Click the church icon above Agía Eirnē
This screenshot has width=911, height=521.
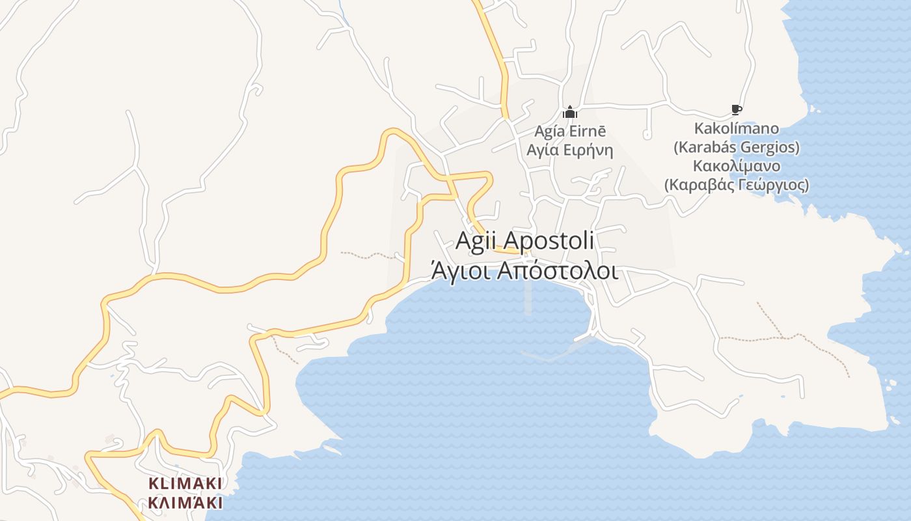point(570,112)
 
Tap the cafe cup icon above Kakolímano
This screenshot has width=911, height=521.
point(736,109)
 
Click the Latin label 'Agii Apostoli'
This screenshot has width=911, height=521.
point(524,240)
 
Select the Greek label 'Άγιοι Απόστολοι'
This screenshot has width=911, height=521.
point(524,270)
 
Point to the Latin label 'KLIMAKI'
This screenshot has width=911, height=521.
point(185,483)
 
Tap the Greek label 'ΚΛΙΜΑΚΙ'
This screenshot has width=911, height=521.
point(185,503)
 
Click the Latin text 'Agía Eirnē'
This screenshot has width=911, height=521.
point(570,131)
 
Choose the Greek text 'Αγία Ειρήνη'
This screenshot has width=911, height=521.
point(570,150)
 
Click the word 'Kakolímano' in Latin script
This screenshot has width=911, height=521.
point(736,128)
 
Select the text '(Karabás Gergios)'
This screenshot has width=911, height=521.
point(736,147)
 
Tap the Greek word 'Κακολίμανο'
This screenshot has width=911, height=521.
point(736,165)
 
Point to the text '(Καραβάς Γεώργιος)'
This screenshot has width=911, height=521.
point(736,185)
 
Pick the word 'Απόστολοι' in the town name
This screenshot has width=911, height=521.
point(557,270)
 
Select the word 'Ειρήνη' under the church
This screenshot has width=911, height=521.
point(589,150)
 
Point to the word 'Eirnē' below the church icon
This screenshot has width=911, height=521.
point(589,131)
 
